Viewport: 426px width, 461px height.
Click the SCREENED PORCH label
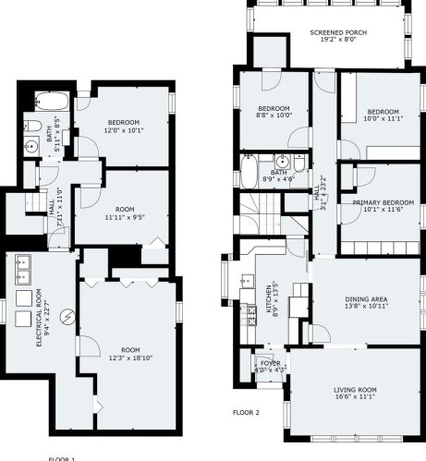[337, 32]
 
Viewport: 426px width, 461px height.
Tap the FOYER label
[270, 363]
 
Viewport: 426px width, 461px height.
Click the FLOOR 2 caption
[247, 412]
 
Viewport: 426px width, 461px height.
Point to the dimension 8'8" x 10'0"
[274, 115]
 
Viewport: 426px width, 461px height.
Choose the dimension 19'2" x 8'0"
[337, 41]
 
